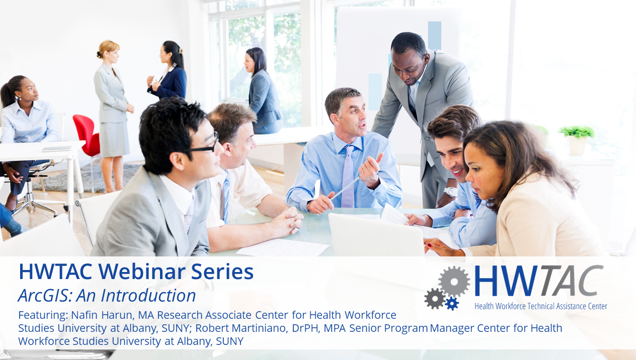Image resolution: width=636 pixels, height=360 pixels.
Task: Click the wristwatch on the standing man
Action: pyautogui.click(x=450, y=192)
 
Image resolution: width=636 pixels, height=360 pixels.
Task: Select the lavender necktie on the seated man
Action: pyautogui.click(x=348, y=176)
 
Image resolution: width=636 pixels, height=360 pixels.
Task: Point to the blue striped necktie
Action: pyautogui.click(x=226, y=196)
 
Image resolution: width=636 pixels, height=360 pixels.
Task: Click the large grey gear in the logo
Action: pyautogui.click(x=454, y=282)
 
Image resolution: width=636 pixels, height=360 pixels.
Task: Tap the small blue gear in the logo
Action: pyautogui.click(x=452, y=304)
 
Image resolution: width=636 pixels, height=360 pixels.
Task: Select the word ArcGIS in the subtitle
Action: pyautogui.click(x=45, y=295)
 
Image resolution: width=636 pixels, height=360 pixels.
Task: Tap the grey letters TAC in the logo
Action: pyautogui.click(x=571, y=281)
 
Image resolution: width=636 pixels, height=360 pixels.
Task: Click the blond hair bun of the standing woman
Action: pyautogui.click(x=99, y=54)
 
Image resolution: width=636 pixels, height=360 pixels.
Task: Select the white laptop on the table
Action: pyautogui.click(x=376, y=235)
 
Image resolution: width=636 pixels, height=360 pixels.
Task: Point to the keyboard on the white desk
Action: pyautogui.click(x=57, y=149)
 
